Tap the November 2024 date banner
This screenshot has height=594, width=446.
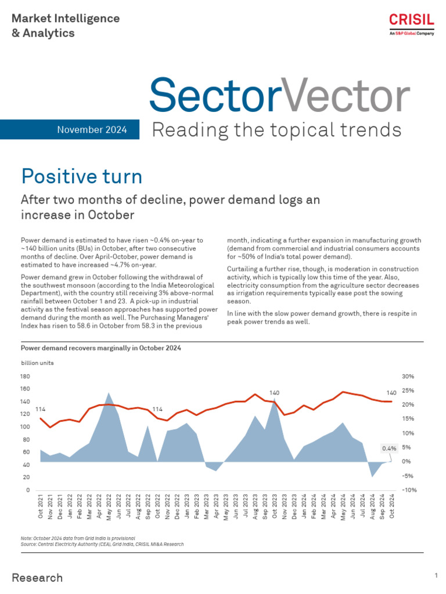(92, 129)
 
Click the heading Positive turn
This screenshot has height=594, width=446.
(81, 176)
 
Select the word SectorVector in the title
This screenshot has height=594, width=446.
(279, 95)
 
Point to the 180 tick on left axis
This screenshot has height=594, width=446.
(25, 376)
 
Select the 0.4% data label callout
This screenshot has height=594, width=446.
(389, 448)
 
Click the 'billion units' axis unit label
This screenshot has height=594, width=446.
(37, 363)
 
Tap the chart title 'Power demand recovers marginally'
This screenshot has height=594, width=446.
(101, 348)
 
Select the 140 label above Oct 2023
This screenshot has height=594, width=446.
(275, 393)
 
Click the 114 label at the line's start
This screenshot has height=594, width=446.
(41, 410)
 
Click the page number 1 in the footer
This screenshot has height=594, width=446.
(436, 575)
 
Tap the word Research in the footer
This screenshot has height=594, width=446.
(37, 578)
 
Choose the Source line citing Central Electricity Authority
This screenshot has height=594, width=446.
(102, 544)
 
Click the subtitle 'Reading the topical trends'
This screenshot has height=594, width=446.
(276, 129)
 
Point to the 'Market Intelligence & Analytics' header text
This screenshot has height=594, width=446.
(66, 26)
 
